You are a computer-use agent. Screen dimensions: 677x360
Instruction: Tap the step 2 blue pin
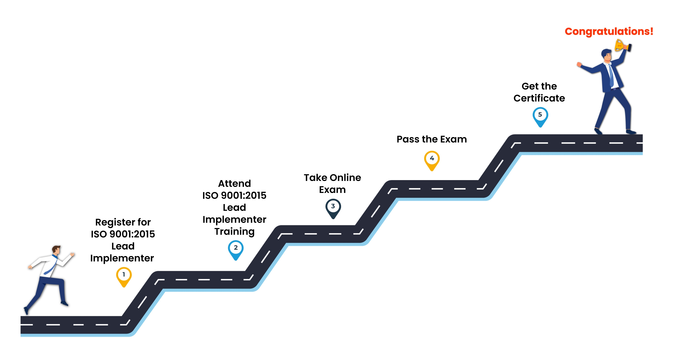coord(235,250)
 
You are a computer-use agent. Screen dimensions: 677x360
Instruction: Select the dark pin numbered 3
coord(333,208)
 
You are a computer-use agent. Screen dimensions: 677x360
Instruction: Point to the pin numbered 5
coord(540,117)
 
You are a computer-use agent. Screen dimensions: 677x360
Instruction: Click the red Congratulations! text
coord(609,32)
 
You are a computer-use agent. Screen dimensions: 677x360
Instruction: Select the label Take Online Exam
coord(333,183)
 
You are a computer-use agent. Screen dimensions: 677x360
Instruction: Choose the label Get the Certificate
coord(539,92)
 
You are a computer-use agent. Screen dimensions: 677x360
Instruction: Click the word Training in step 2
coord(234,232)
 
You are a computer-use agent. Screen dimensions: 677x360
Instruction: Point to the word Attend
coord(234,183)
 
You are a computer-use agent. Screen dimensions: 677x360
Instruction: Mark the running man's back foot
coord(26,311)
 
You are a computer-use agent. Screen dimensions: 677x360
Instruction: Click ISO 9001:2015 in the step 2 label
coord(234,195)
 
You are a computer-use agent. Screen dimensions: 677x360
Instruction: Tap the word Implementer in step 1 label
coord(122,258)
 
